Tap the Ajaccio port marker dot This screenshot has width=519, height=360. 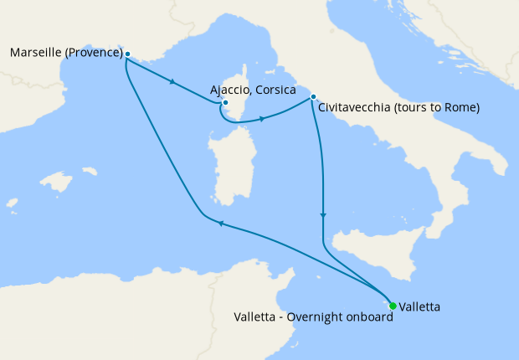(x=225, y=103)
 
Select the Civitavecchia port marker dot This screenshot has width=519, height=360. (x=313, y=97)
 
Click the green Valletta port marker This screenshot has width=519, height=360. (x=393, y=306)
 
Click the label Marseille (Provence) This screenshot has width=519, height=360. (x=66, y=54)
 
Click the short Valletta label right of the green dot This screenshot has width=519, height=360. (x=419, y=306)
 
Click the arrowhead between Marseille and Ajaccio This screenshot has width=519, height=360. (x=173, y=82)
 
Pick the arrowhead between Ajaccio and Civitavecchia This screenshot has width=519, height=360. (x=263, y=119)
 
